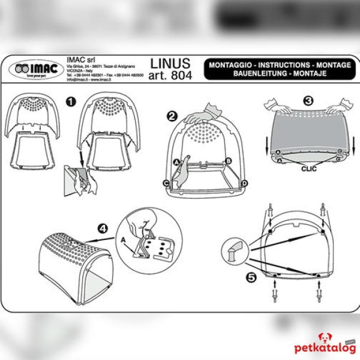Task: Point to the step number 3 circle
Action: coord(308,101)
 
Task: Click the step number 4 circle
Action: coord(103,228)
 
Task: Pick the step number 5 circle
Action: coord(251,277)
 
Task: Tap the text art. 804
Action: coord(170,76)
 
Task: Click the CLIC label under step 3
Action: coord(308,169)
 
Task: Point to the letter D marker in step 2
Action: coord(244,182)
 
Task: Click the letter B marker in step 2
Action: coord(229,160)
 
